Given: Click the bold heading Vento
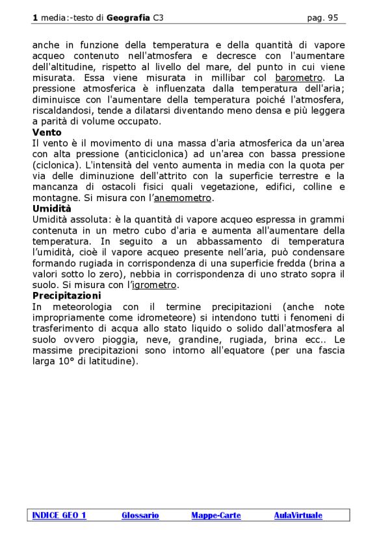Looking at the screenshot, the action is click(x=47, y=132).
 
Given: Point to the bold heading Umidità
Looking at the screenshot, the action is click(x=52, y=209).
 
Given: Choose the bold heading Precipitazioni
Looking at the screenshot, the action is click(x=66, y=296).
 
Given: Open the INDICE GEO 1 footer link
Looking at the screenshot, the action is click(x=59, y=515).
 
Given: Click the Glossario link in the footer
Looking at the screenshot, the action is click(x=140, y=515).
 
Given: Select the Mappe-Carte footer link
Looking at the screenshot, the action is click(x=216, y=515).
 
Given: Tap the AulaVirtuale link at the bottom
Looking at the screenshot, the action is click(x=298, y=515).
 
